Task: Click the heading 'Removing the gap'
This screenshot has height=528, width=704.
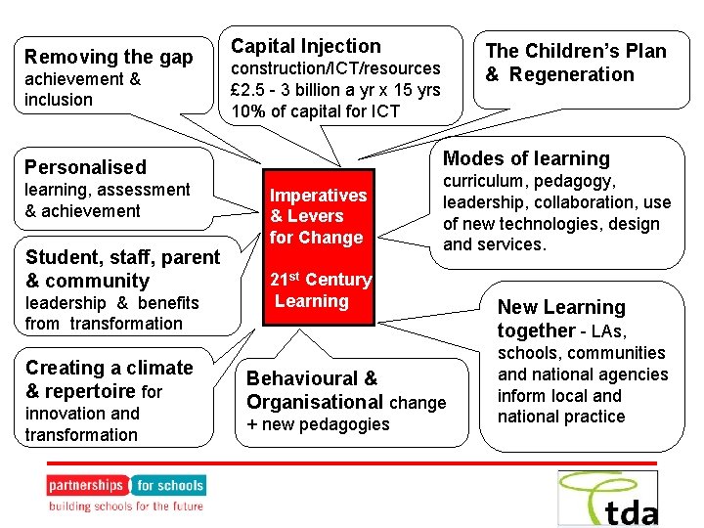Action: pos(109,57)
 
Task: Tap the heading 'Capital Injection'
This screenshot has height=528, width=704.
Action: pos(305,46)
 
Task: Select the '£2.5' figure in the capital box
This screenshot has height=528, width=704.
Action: pos(248,89)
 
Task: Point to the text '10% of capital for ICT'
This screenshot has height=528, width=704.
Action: pos(315,110)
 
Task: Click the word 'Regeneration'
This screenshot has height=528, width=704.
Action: pos(572,74)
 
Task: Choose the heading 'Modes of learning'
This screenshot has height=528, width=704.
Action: pos(526,158)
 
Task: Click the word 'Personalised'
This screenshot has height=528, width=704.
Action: pos(85,167)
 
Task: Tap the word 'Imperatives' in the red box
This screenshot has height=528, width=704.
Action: pos(318,196)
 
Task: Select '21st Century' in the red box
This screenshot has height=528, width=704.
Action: pos(321,280)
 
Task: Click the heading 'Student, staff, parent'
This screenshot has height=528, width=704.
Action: pos(122,257)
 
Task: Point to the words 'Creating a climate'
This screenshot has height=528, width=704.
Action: pos(109,368)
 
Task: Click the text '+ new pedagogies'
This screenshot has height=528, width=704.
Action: pos(318,424)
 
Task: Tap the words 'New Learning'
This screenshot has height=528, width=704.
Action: pos(560,308)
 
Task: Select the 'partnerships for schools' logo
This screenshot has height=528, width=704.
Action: pos(125,485)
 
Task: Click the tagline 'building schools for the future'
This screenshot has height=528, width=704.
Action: pos(126,506)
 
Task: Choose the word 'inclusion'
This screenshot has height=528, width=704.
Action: pos(59,100)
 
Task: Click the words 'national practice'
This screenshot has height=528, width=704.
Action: pos(560,417)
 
